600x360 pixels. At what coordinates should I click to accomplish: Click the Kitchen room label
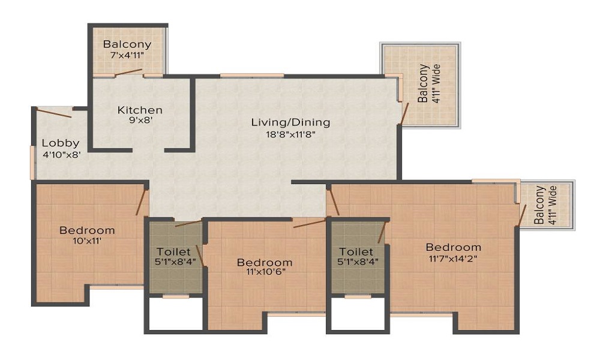(x=140, y=110)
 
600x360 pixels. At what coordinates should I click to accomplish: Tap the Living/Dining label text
(x=290, y=123)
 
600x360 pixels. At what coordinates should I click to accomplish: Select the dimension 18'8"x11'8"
(x=290, y=134)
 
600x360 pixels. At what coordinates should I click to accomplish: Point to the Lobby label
(x=61, y=143)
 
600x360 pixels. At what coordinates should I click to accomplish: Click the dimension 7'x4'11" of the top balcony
(x=127, y=55)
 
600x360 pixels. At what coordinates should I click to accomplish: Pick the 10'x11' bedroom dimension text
(x=87, y=241)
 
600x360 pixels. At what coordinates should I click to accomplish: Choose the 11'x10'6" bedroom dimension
(x=265, y=272)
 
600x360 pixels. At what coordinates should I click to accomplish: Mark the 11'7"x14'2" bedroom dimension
(x=453, y=258)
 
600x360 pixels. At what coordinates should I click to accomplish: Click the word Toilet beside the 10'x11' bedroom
(x=173, y=252)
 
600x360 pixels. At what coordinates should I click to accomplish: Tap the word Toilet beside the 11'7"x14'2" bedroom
(x=356, y=252)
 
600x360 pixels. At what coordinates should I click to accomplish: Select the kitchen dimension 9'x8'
(x=140, y=121)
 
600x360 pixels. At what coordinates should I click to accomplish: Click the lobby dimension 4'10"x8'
(x=61, y=155)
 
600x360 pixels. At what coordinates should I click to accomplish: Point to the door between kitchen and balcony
(x=128, y=73)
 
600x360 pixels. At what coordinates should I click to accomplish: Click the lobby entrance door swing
(x=53, y=113)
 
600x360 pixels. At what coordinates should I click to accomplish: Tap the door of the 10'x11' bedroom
(x=142, y=201)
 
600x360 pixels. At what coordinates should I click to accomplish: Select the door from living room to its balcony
(x=404, y=113)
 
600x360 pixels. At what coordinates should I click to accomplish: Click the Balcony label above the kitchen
(x=127, y=44)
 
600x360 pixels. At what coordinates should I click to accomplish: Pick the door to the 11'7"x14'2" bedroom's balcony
(x=522, y=215)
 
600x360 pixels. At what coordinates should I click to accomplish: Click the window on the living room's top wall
(x=252, y=76)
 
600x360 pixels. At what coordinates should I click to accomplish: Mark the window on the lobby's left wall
(x=32, y=163)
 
